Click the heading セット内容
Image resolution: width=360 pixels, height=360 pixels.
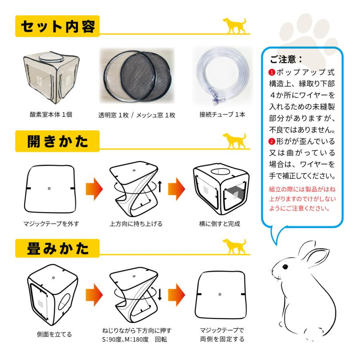[x=58, y=27]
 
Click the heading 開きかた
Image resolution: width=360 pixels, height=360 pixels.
[x=58, y=140]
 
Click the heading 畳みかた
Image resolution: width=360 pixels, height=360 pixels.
[x=58, y=248]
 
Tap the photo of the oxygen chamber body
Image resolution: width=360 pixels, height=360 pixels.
[x=48, y=76]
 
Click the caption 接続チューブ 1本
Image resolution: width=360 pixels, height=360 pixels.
[x=222, y=114]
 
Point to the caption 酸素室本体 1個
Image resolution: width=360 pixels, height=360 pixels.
[x=48, y=114]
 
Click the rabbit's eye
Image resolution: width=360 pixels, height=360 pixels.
[x=285, y=267]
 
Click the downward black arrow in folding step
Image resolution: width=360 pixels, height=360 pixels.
[x=160, y=295]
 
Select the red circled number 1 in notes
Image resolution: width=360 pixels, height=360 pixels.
[x=272, y=73]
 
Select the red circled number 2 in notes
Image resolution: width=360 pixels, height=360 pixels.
[x=272, y=142]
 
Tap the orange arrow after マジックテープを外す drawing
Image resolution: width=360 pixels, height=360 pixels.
[x=94, y=188]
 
